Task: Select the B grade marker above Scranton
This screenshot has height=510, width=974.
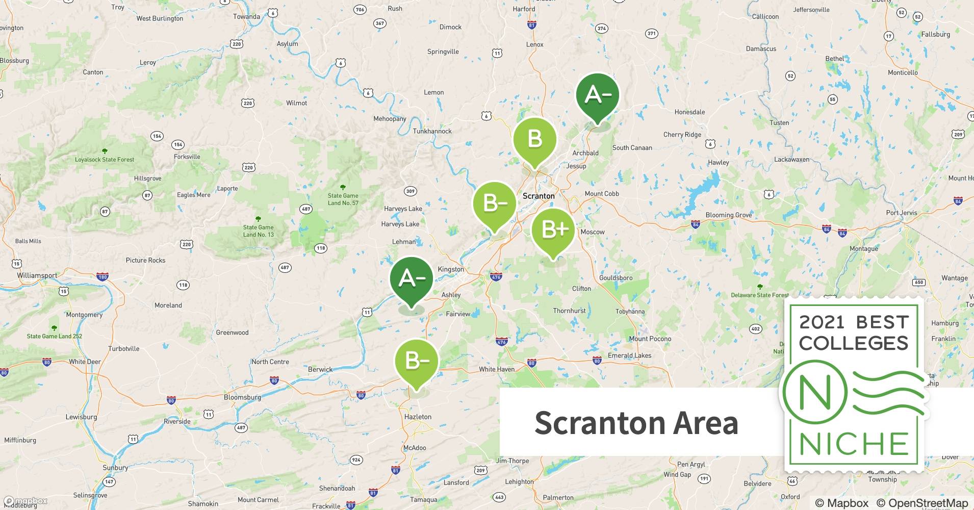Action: tap(534, 139)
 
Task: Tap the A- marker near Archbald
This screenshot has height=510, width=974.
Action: tap(597, 95)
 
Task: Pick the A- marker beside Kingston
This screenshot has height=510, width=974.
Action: tap(411, 279)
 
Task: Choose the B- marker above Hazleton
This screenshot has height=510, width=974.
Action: tap(417, 361)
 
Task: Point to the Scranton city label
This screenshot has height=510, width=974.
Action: tap(539, 196)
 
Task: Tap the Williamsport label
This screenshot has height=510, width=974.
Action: tap(37, 275)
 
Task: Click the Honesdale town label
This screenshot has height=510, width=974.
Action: tap(689, 112)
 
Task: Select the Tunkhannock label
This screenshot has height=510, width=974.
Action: tap(432, 131)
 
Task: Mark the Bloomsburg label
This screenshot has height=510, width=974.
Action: tap(242, 397)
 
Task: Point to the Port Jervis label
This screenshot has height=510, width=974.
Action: tap(901, 213)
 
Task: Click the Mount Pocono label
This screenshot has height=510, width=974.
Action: tap(650, 339)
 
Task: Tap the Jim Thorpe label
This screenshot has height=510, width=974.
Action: tap(512, 461)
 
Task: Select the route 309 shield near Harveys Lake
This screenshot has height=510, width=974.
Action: tap(411, 191)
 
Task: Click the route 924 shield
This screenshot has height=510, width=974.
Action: tap(356, 460)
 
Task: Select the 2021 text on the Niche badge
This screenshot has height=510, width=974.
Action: tap(822, 322)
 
